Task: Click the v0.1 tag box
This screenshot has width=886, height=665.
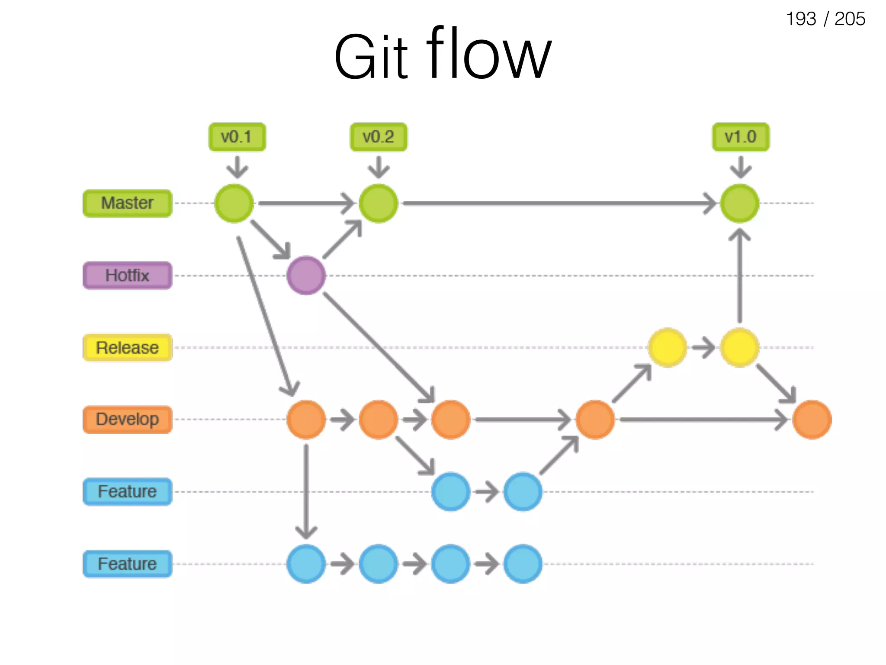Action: [x=237, y=137]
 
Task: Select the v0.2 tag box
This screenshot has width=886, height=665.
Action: [x=379, y=137]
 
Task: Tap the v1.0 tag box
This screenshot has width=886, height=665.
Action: [x=741, y=137]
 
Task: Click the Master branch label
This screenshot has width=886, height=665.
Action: [x=127, y=203]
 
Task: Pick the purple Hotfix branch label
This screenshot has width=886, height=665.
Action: [x=127, y=275]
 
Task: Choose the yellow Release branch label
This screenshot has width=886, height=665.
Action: [x=127, y=348]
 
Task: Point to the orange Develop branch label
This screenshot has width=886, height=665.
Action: [x=127, y=420]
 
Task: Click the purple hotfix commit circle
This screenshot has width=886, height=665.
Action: [x=306, y=275]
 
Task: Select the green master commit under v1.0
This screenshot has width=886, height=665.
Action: [x=740, y=203]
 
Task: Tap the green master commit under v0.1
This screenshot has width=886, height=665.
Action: [x=234, y=203]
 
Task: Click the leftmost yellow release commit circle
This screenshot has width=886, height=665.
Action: [x=668, y=348]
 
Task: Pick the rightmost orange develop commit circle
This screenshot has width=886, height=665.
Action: [x=812, y=420]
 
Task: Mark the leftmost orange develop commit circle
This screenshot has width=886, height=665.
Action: [x=306, y=420]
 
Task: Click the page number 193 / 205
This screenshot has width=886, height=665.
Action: [x=825, y=19]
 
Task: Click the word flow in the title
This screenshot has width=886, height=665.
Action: [x=489, y=54]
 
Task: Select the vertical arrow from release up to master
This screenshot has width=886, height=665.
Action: [x=740, y=277]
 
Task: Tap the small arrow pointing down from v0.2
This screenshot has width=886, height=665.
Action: [x=379, y=167]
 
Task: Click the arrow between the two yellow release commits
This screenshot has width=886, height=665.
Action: [x=703, y=348]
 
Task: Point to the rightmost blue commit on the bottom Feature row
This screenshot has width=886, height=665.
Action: [x=523, y=564]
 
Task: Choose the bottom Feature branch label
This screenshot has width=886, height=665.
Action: [x=127, y=564]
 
